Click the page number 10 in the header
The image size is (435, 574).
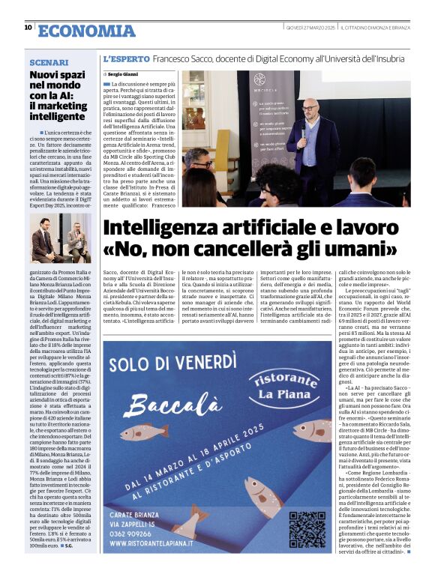(28, 28)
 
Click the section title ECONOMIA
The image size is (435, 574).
(86, 30)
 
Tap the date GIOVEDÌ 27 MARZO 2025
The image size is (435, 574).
(310, 28)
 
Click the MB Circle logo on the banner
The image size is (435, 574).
(259, 80)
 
